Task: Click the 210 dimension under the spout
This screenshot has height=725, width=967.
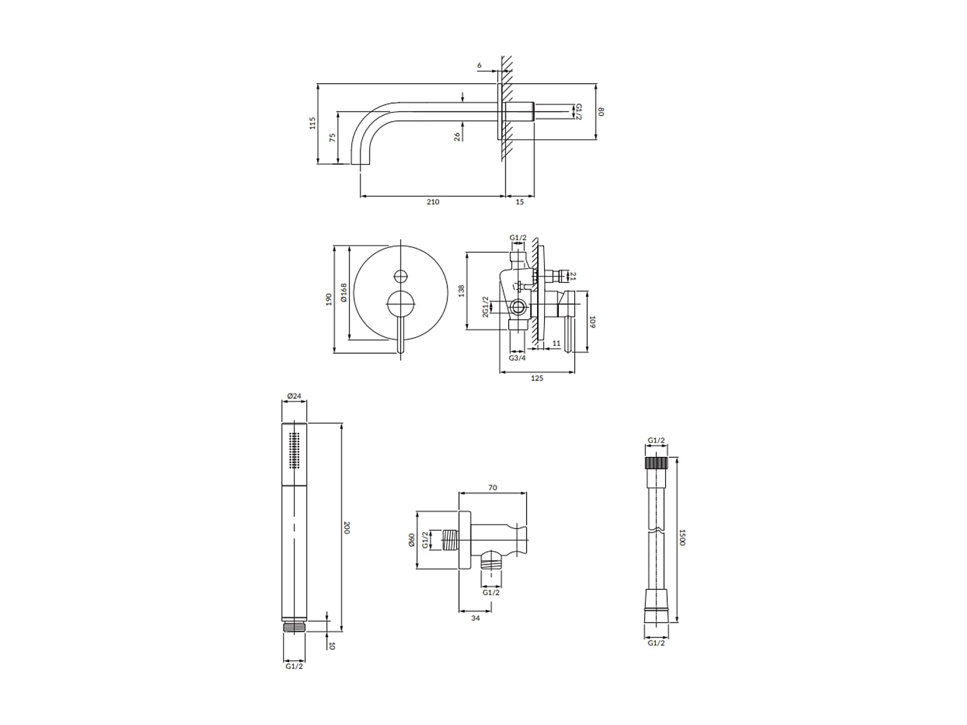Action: click(x=433, y=202)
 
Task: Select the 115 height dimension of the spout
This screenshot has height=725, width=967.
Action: click(x=313, y=123)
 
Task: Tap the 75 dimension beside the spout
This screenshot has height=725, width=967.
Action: click(x=332, y=138)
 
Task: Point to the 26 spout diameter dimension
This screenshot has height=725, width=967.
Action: click(x=457, y=137)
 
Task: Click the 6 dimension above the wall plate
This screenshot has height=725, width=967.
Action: click(x=479, y=65)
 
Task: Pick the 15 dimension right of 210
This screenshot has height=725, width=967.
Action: click(x=520, y=202)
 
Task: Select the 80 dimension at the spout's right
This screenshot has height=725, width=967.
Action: click(x=601, y=111)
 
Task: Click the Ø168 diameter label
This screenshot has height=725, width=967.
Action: click(x=344, y=293)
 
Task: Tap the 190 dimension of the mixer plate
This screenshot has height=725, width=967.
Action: click(x=329, y=299)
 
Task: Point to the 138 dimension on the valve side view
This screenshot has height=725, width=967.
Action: click(x=461, y=291)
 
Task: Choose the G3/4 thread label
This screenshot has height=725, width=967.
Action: click(x=517, y=358)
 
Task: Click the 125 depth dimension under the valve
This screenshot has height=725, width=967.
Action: click(x=536, y=378)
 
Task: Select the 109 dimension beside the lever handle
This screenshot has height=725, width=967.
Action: click(x=592, y=321)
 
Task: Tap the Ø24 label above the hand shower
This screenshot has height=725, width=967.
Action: click(x=294, y=396)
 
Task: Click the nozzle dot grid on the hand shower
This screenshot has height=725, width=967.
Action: click(x=295, y=449)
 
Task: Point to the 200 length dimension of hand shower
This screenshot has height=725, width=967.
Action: click(x=346, y=527)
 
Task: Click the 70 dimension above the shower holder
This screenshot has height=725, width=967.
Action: click(x=493, y=488)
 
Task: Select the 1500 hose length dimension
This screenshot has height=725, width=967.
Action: click(x=682, y=537)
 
